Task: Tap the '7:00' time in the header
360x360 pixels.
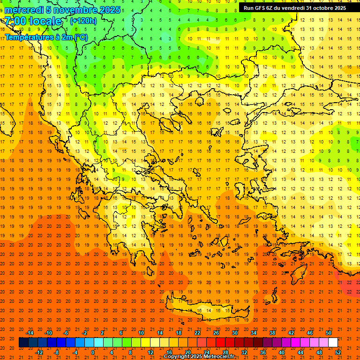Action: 15,21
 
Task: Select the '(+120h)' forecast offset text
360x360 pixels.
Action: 83,21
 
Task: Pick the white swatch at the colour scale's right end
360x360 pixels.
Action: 333,343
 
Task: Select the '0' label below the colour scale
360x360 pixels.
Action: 93,352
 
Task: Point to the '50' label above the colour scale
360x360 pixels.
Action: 328,333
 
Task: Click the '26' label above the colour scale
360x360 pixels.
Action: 216,333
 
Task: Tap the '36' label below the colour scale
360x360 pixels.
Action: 263,352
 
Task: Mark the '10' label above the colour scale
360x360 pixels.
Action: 141,333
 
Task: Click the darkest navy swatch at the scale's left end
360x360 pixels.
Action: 23,343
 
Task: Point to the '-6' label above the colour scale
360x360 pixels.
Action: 66,333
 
